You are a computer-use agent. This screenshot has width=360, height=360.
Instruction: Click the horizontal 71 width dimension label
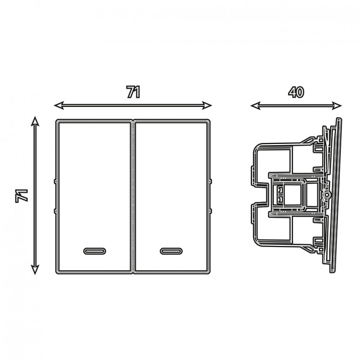pyautogui.click(x=133, y=92)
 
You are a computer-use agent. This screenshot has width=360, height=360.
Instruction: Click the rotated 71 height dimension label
pyautogui.click(x=22, y=196)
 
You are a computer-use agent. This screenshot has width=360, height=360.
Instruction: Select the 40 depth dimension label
pyautogui.click(x=296, y=92)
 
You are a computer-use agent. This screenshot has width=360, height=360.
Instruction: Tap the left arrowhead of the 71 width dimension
pyautogui.click(x=59, y=105)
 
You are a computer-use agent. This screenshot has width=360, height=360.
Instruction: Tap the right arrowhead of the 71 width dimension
pyautogui.click(x=207, y=105)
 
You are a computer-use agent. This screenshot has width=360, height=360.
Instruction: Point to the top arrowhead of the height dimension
pyautogui.click(x=35, y=121)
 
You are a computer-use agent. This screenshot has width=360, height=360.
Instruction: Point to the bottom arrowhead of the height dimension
pyautogui.click(x=35, y=270)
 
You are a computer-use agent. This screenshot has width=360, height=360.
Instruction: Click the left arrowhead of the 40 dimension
pyautogui.click(x=255, y=106)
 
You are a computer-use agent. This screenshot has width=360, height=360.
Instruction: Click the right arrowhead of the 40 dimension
pyautogui.click(x=337, y=106)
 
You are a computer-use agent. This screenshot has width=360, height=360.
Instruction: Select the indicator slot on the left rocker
pyautogui.click(x=95, y=251)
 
